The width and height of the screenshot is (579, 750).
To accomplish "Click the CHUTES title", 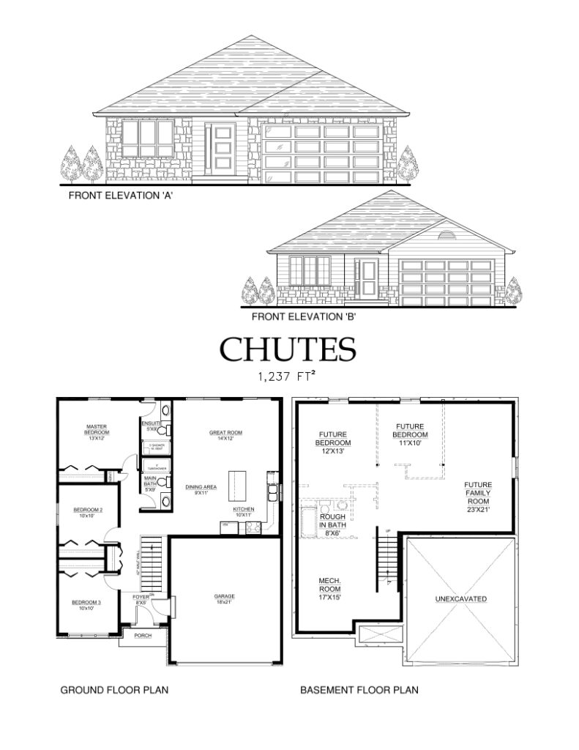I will (288, 349).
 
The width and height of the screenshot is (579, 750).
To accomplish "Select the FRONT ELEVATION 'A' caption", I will (120, 196).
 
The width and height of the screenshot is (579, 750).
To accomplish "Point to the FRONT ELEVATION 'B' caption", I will (304, 317).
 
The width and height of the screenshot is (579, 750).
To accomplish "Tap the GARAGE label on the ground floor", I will (225, 596).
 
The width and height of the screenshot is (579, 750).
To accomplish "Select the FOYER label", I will (141, 601).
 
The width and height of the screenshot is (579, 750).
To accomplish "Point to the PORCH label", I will (143, 635).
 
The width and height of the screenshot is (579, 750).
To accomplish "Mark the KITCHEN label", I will (244, 510).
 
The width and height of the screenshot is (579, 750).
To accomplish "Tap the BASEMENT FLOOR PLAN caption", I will (359, 689).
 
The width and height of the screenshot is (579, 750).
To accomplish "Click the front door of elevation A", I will (222, 149).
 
